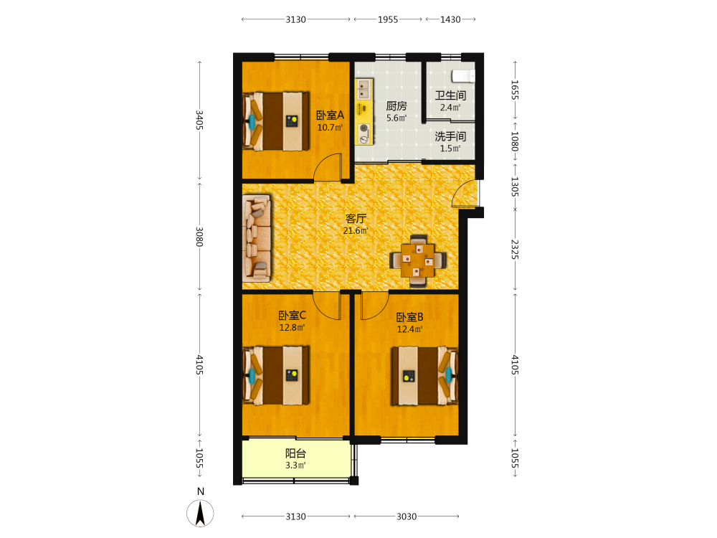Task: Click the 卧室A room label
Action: point(330,115)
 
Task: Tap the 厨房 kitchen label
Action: point(396,106)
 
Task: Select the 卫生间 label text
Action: point(450,95)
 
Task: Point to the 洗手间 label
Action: point(450,136)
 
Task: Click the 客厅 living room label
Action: point(356,219)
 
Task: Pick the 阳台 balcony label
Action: point(295,453)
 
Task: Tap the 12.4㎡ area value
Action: point(409,329)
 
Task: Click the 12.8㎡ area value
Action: point(293,328)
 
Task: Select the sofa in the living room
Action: point(257,238)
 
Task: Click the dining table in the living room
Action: point(418,261)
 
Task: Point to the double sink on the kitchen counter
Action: point(364,89)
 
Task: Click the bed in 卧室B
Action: point(424,376)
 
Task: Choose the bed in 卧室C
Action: point(276,376)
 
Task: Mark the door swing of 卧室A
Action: point(328,167)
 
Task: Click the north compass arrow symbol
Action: point(200,513)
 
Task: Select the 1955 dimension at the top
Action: point(388,19)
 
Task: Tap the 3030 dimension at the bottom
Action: point(407,516)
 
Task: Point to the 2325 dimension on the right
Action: point(515,250)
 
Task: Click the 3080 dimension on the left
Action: point(199,237)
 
